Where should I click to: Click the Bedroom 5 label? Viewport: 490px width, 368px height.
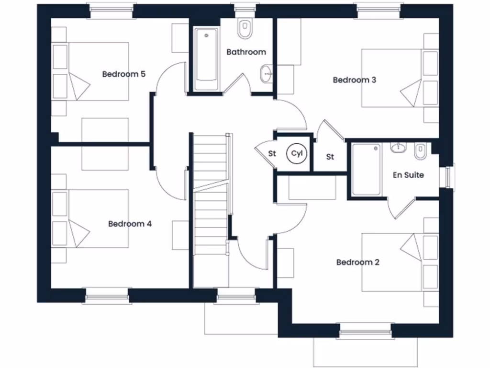tap(123, 74)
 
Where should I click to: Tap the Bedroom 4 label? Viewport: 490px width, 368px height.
tap(130, 224)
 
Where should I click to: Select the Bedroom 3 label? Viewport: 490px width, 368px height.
tap(354, 80)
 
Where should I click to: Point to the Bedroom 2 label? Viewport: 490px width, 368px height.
tap(357, 262)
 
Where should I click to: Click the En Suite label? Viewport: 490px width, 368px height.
tap(408, 175)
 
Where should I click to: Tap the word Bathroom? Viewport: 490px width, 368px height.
tap(246, 52)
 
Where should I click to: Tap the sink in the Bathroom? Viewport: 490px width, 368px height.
tap(266, 74)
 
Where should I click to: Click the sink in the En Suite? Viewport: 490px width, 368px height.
tap(398, 148)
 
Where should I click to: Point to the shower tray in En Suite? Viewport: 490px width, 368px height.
tap(367, 170)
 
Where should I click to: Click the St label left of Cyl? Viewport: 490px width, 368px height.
tap(272, 154)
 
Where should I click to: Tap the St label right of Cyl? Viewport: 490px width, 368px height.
tap(330, 157)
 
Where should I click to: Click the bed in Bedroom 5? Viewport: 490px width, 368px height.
tap(98, 71)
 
